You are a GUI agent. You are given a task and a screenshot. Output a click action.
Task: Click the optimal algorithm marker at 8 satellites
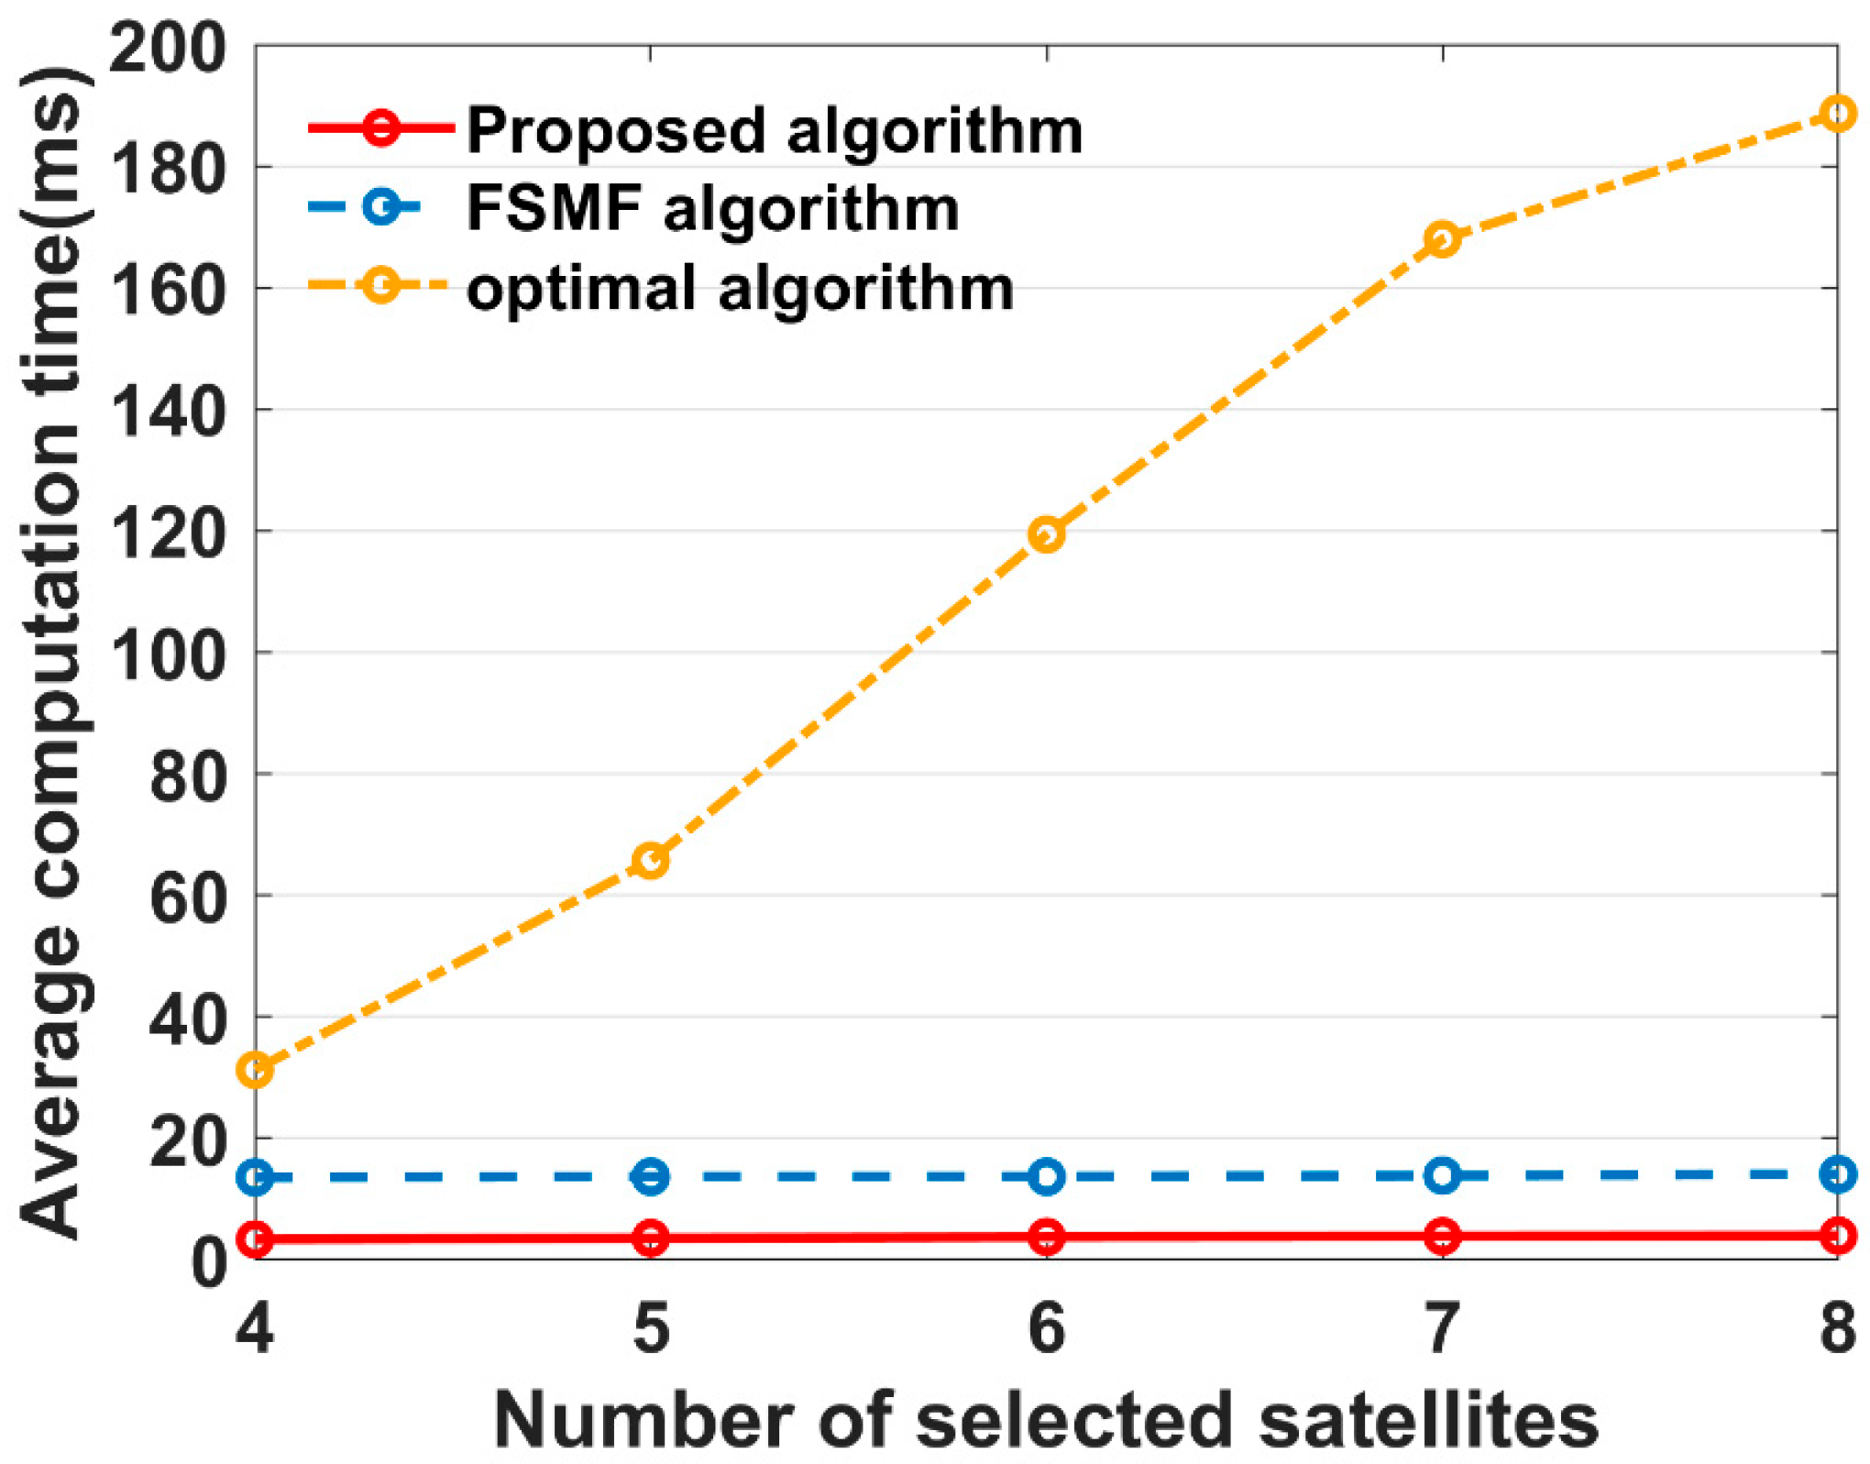1836,114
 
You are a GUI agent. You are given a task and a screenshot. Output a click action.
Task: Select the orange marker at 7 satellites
1442,239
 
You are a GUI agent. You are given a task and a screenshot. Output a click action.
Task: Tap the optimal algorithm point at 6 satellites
1046,534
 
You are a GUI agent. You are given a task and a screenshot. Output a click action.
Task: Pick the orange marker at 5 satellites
650,860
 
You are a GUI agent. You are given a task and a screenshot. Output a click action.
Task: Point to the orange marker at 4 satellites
255,1070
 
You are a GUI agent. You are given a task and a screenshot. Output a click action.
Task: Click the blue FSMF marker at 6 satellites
1046,1176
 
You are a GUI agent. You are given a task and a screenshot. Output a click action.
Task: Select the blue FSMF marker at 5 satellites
650,1176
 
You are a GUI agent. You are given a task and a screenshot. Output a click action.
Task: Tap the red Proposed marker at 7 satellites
1442,1237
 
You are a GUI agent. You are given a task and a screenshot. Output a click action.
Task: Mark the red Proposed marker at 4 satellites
255,1239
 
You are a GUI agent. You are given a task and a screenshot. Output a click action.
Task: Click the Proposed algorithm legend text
775,131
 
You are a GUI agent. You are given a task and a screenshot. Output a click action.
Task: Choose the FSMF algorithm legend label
712,209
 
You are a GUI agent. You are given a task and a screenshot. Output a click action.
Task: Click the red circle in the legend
380,127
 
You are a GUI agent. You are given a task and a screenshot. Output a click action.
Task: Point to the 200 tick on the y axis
167,48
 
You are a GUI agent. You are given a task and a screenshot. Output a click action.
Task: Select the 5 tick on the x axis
651,1328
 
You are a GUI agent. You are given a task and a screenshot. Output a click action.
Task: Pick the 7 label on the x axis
1442,1328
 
